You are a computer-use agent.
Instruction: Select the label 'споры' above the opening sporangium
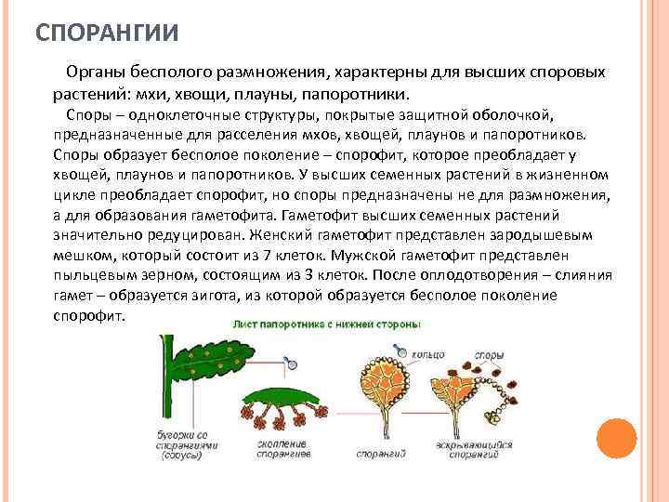(x=490, y=354)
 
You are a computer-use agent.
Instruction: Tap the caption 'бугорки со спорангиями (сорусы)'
(x=182, y=445)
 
